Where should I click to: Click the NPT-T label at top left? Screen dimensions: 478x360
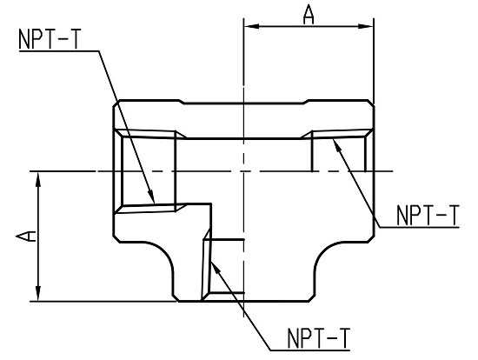(x=50, y=39)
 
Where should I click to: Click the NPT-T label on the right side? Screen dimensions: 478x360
(x=428, y=216)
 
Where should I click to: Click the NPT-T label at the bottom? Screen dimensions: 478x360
(x=319, y=338)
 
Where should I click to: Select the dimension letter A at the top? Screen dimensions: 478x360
(x=309, y=15)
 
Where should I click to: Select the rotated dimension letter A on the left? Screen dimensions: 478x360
(x=26, y=237)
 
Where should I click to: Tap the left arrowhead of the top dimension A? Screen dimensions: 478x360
(x=251, y=27)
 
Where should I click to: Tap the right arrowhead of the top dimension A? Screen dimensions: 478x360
(x=366, y=27)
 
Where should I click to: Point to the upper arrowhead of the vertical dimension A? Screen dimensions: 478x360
(x=38, y=180)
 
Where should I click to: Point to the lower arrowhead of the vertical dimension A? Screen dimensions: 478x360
(x=38, y=294)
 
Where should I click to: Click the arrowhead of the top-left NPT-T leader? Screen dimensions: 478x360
(x=151, y=197)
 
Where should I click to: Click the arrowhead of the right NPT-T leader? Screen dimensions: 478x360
(x=337, y=145)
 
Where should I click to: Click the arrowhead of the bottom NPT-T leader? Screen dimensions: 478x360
(x=215, y=269)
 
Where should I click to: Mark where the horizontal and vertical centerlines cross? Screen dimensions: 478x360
(x=243, y=171)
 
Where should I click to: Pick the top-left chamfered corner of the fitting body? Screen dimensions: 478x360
(x=116, y=103)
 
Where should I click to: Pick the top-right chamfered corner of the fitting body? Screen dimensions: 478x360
(x=371, y=103)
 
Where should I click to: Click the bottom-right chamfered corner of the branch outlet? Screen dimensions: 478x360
(x=311, y=298)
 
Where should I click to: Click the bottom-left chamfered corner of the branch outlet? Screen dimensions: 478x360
(x=176, y=298)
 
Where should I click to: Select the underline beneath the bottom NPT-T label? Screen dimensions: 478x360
(x=310, y=350)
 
